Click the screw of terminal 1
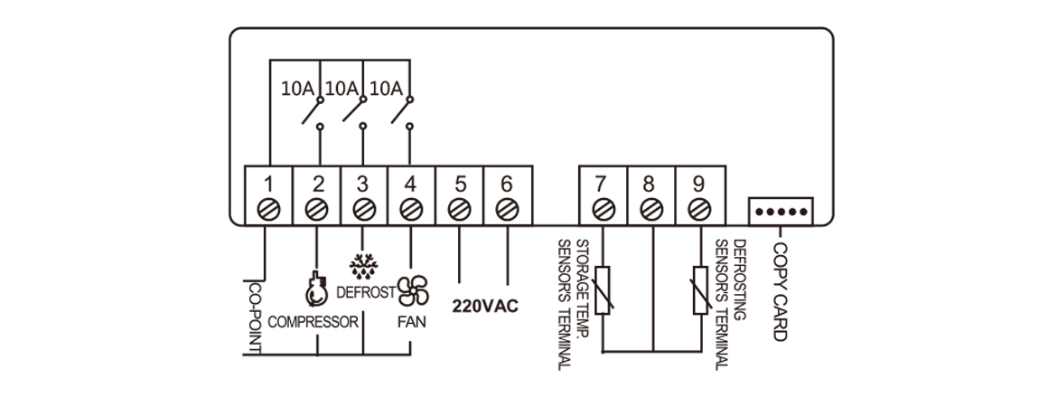[269, 210]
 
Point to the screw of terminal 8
[650, 210]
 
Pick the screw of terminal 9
[697, 210]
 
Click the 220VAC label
[485, 305]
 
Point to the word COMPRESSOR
[313, 322]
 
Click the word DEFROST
[365, 292]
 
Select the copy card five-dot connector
[781, 213]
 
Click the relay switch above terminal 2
[314, 113]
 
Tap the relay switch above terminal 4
[403, 113]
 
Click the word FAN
[411, 322]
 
